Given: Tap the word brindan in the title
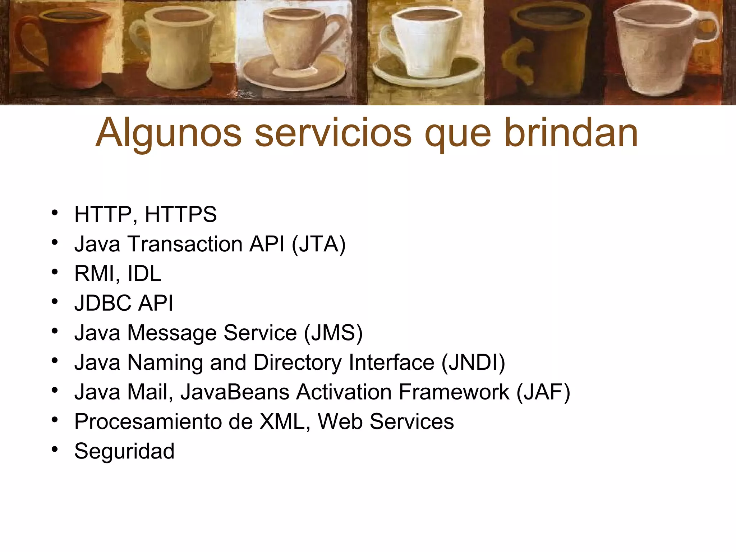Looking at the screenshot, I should (x=571, y=133).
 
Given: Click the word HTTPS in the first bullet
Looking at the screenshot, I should (x=181, y=215).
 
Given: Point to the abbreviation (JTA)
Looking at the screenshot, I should (x=318, y=244).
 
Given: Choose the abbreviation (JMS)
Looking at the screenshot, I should (x=333, y=333).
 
